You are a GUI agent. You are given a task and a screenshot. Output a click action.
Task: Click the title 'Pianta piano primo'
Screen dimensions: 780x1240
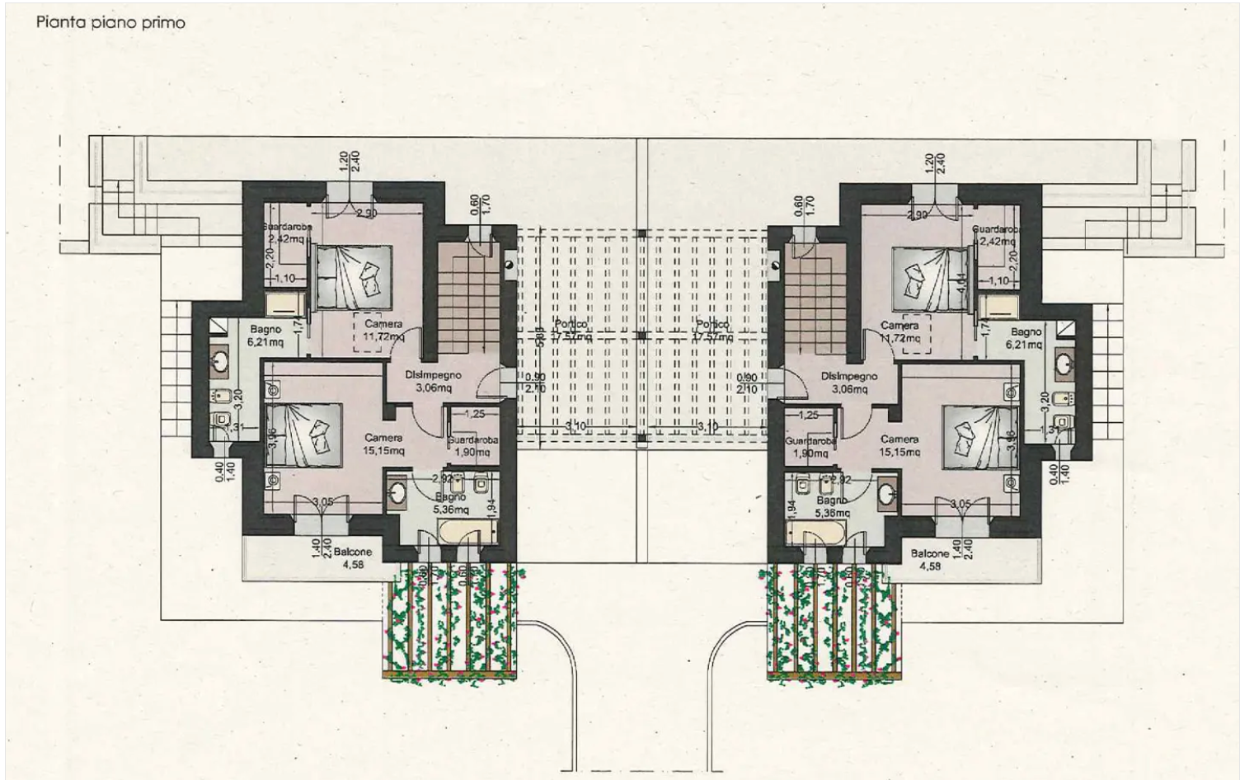tap(110, 22)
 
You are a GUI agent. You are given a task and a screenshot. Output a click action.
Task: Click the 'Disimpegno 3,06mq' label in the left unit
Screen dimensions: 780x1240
tap(433, 380)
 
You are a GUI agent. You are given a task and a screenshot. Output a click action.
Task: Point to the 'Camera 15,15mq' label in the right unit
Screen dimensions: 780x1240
tap(899, 445)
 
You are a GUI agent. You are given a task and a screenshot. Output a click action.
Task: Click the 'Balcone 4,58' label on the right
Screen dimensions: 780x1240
tap(930, 560)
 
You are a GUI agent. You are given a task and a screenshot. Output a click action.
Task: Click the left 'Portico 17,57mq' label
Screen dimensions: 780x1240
tap(571, 330)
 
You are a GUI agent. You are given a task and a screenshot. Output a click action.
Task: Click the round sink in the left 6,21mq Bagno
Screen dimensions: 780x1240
tap(220, 359)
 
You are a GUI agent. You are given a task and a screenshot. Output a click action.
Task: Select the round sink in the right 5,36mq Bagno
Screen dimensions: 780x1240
tap(887, 492)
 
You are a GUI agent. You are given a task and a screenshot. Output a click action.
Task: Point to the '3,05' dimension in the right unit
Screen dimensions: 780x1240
tap(960, 503)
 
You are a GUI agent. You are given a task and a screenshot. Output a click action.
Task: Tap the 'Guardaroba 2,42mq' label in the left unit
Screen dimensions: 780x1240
tap(285, 233)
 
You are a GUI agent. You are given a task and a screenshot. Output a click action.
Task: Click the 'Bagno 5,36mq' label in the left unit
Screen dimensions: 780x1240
tap(450, 503)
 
